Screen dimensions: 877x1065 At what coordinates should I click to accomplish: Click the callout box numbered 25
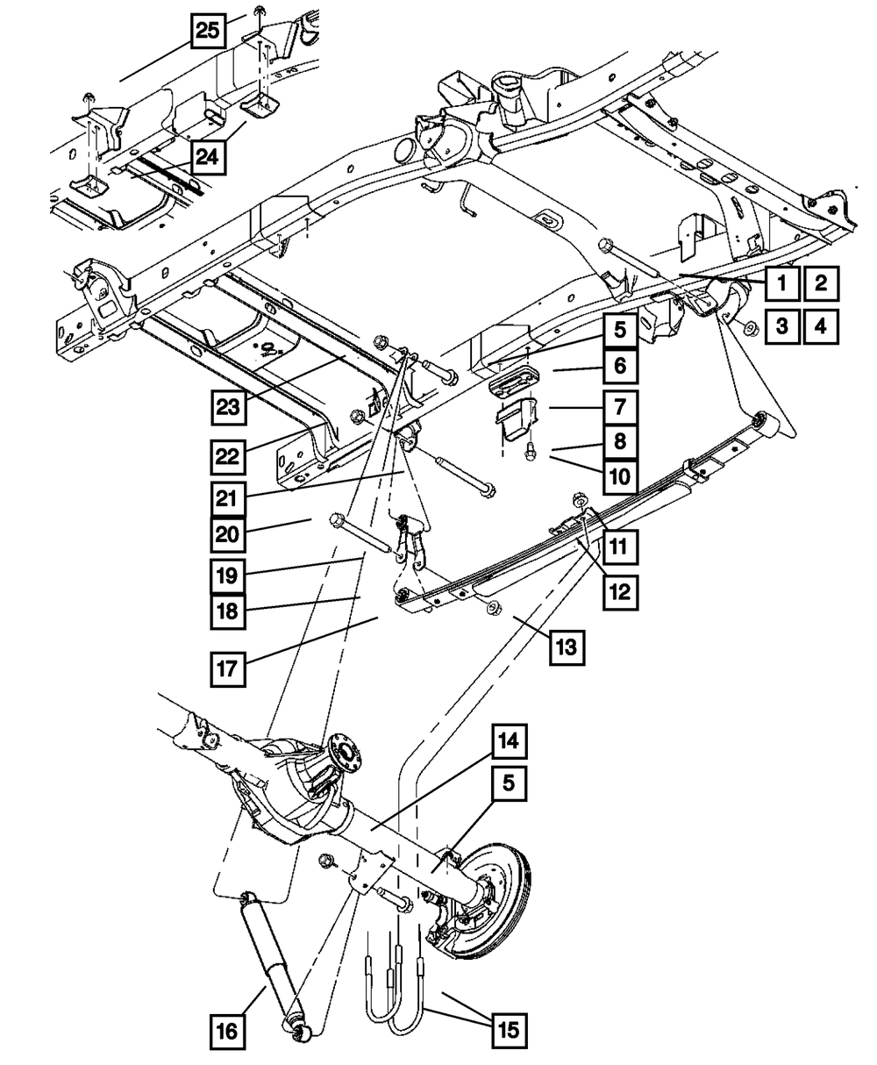[x=208, y=31]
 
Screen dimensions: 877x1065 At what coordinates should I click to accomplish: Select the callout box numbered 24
[x=208, y=158]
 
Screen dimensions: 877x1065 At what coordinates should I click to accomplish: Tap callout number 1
[x=781, y=282]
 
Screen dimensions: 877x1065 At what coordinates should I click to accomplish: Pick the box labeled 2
[x=821, y=282]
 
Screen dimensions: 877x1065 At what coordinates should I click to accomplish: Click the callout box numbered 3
[x=781, y=326]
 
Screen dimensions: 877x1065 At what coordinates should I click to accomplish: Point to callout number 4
[x=821, y=326]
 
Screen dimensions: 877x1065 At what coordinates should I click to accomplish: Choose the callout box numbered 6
[x=620, y=366]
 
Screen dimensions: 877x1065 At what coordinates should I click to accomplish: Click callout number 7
[x=620, y=407]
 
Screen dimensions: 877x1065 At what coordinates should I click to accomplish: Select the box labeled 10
[x=620, y=477]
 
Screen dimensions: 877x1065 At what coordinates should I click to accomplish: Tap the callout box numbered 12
[x=620, y=592]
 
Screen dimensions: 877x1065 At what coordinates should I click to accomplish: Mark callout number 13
[x=567, y=647]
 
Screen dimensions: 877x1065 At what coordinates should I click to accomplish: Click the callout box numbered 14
[x=509, y=741]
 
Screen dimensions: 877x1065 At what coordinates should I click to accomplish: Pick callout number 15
[x=509, y=1030]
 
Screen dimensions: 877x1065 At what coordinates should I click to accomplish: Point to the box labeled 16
[x=227, y=1032]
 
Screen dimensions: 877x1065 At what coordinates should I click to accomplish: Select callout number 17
[x=227, y=668]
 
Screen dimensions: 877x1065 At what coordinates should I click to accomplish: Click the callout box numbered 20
[x=227, y=534]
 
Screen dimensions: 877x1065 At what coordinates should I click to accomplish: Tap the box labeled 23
[x=228, y=408]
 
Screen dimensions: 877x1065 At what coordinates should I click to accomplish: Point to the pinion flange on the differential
[x=343, y=753]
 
